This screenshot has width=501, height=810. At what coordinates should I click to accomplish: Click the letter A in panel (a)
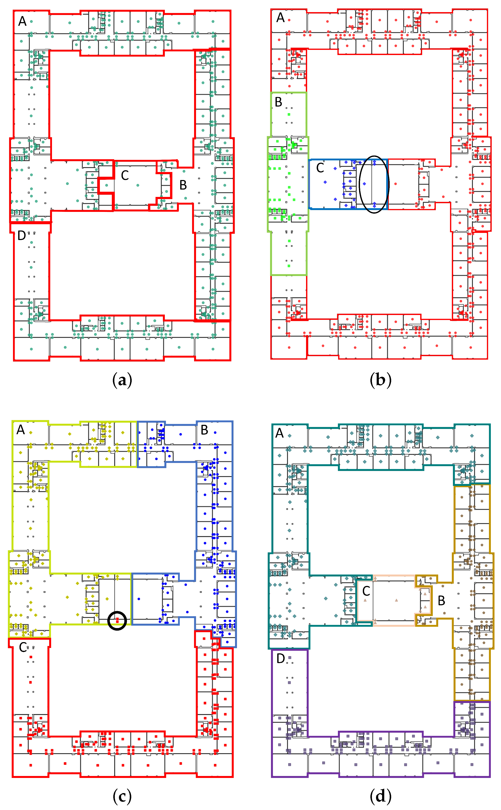(x=22, y=21)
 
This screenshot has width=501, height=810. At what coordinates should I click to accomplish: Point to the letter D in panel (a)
(x=21, y=236)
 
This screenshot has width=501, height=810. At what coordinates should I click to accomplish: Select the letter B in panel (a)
(x=183, y=185)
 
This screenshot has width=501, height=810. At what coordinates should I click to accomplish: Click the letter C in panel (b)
(x=320, y=168)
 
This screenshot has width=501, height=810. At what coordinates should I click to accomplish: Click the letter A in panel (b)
(x=280, y=18)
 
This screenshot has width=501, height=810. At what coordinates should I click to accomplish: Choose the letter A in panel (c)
(x=21, y=430)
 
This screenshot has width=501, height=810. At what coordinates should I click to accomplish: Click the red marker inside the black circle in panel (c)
(x=117, y=620)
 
